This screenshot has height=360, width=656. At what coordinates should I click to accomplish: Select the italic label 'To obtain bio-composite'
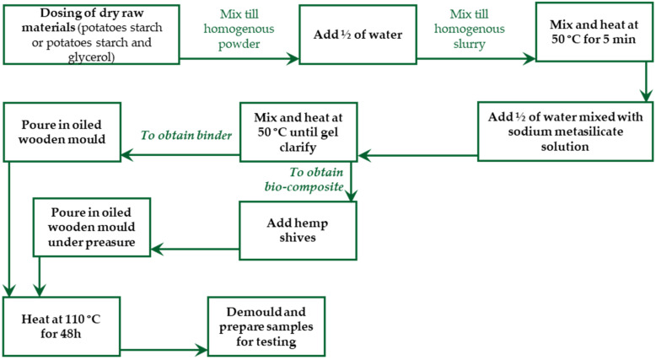pyautogui.click(x=296, y=180)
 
